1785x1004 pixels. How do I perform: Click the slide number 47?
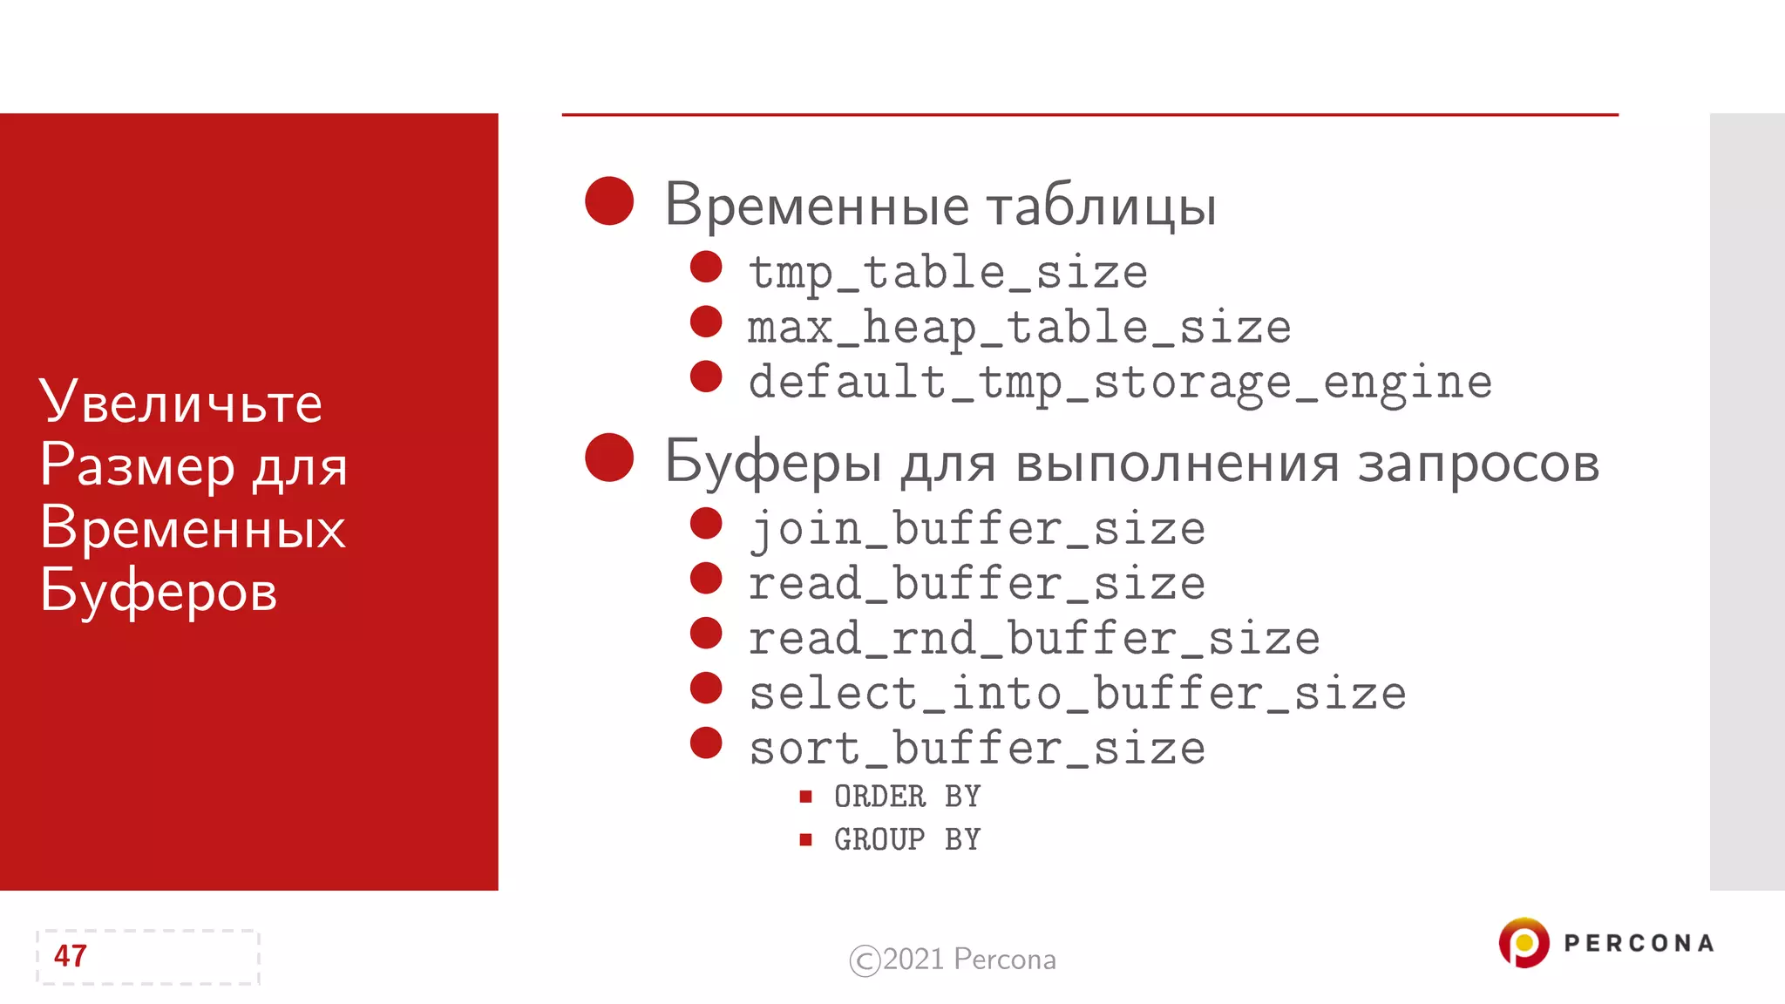pos(71,956)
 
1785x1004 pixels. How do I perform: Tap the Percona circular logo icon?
pos(1524,943)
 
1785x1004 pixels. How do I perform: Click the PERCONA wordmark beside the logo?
pos(1639,943)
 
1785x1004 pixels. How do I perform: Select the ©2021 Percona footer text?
pos(953,960)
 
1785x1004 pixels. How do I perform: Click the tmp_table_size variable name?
pos(947,273)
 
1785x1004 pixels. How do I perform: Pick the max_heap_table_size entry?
pos(1019,328)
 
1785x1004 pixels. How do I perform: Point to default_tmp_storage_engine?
pos(1120,383)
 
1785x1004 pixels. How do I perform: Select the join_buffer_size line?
pos(977,529)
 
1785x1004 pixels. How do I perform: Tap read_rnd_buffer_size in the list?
pos(1034,639)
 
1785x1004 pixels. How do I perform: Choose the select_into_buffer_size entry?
pos(1077,694)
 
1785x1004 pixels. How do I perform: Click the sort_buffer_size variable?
pos(977,749)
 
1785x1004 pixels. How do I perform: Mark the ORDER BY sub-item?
pos(907,797)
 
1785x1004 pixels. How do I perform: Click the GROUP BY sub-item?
pos(907,839)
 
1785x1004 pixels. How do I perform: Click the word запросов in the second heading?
pos(1478,463)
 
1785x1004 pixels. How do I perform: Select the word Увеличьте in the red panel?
pos(181,403)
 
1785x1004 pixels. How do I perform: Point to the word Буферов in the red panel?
pos(159,591)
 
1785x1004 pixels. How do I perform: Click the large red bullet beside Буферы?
pos(609,458)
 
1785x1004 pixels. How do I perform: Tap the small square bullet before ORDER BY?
pos(806,797)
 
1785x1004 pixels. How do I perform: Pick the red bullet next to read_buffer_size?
pos(706,579)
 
